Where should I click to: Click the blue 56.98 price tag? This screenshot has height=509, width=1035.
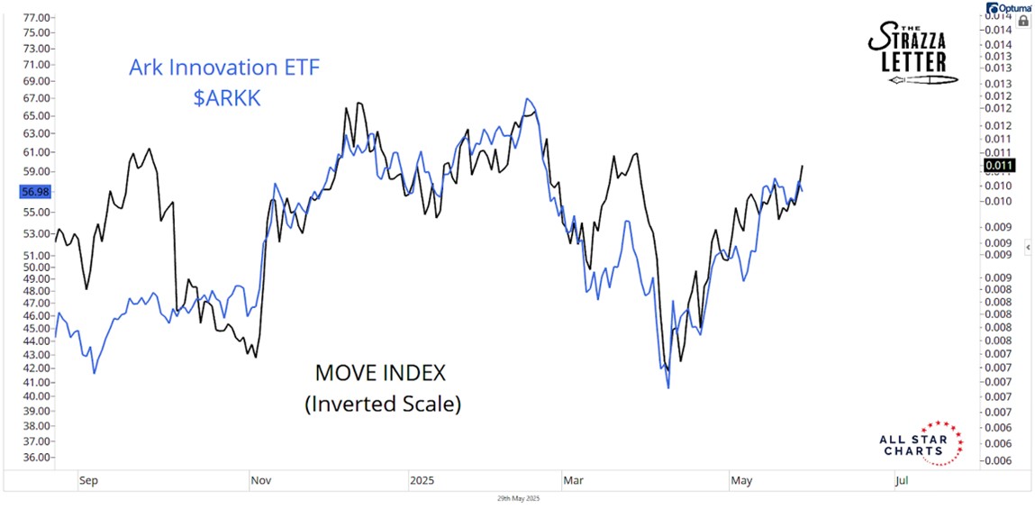37,192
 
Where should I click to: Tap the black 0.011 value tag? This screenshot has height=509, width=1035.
1000,165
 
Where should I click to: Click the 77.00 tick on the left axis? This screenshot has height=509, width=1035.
37,18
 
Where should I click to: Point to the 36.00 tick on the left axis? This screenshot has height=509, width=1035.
37,458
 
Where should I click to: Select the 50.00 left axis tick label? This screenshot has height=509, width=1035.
37,267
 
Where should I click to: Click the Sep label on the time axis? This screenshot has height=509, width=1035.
87,481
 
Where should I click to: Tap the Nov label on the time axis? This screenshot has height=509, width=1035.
259,481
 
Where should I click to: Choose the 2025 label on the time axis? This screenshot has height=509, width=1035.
422,481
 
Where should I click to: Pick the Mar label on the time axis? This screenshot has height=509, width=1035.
573,481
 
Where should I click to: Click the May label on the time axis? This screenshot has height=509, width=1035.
741,481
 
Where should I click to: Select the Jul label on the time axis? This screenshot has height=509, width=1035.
902,481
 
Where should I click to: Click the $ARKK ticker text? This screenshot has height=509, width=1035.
226,98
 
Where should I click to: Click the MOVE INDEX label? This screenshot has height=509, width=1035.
379,372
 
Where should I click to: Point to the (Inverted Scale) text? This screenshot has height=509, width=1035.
383,404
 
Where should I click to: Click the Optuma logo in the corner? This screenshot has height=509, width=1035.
1006,7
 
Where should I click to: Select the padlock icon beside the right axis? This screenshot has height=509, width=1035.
1022,19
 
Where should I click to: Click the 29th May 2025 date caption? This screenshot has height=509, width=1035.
517,498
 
